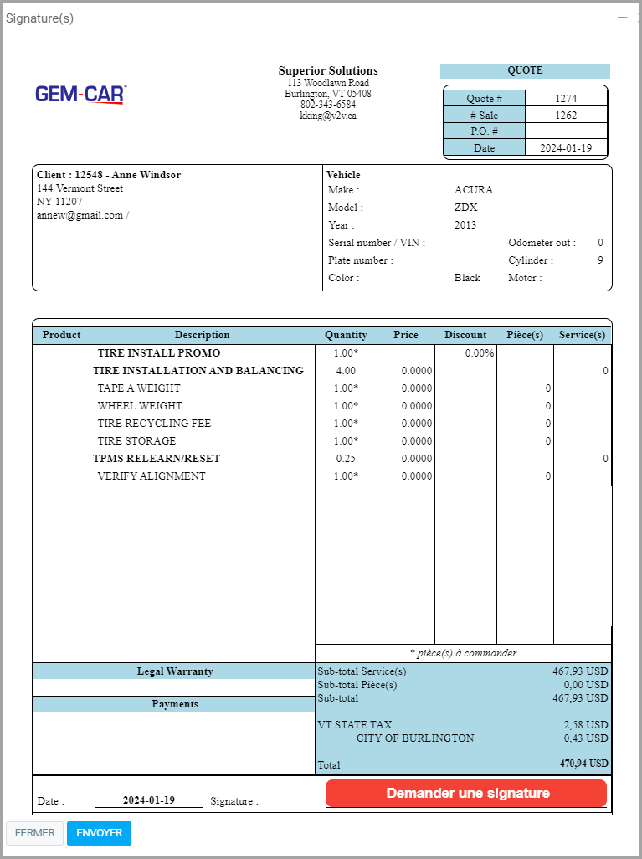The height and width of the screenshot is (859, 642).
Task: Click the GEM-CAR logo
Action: [80, 94]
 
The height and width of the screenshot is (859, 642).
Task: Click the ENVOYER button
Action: [99, 833]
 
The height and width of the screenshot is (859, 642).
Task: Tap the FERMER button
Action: [34, 833]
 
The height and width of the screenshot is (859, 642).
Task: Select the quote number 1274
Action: [566, 99]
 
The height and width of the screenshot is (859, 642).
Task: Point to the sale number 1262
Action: [566, 116]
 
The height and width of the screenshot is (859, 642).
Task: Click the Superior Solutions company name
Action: [328, 71]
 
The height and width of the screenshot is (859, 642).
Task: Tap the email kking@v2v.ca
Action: [328, 116]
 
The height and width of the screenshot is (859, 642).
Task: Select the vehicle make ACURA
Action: [474, 190]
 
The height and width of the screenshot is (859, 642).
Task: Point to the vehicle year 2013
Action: [465, 225]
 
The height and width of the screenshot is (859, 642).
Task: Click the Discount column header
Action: [465, 335]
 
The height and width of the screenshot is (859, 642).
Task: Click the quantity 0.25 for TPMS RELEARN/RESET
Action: [346, 459]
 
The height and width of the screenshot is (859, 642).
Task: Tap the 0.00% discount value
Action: [480, 353]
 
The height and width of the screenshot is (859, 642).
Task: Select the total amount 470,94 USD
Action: [584, 764]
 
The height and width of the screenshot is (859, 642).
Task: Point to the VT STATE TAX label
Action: [355, 725]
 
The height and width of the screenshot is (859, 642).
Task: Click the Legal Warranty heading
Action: [175, 671]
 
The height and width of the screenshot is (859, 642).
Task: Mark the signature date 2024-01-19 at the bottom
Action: [149, 800]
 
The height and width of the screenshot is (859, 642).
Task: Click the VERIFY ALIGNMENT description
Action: [152, 476]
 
